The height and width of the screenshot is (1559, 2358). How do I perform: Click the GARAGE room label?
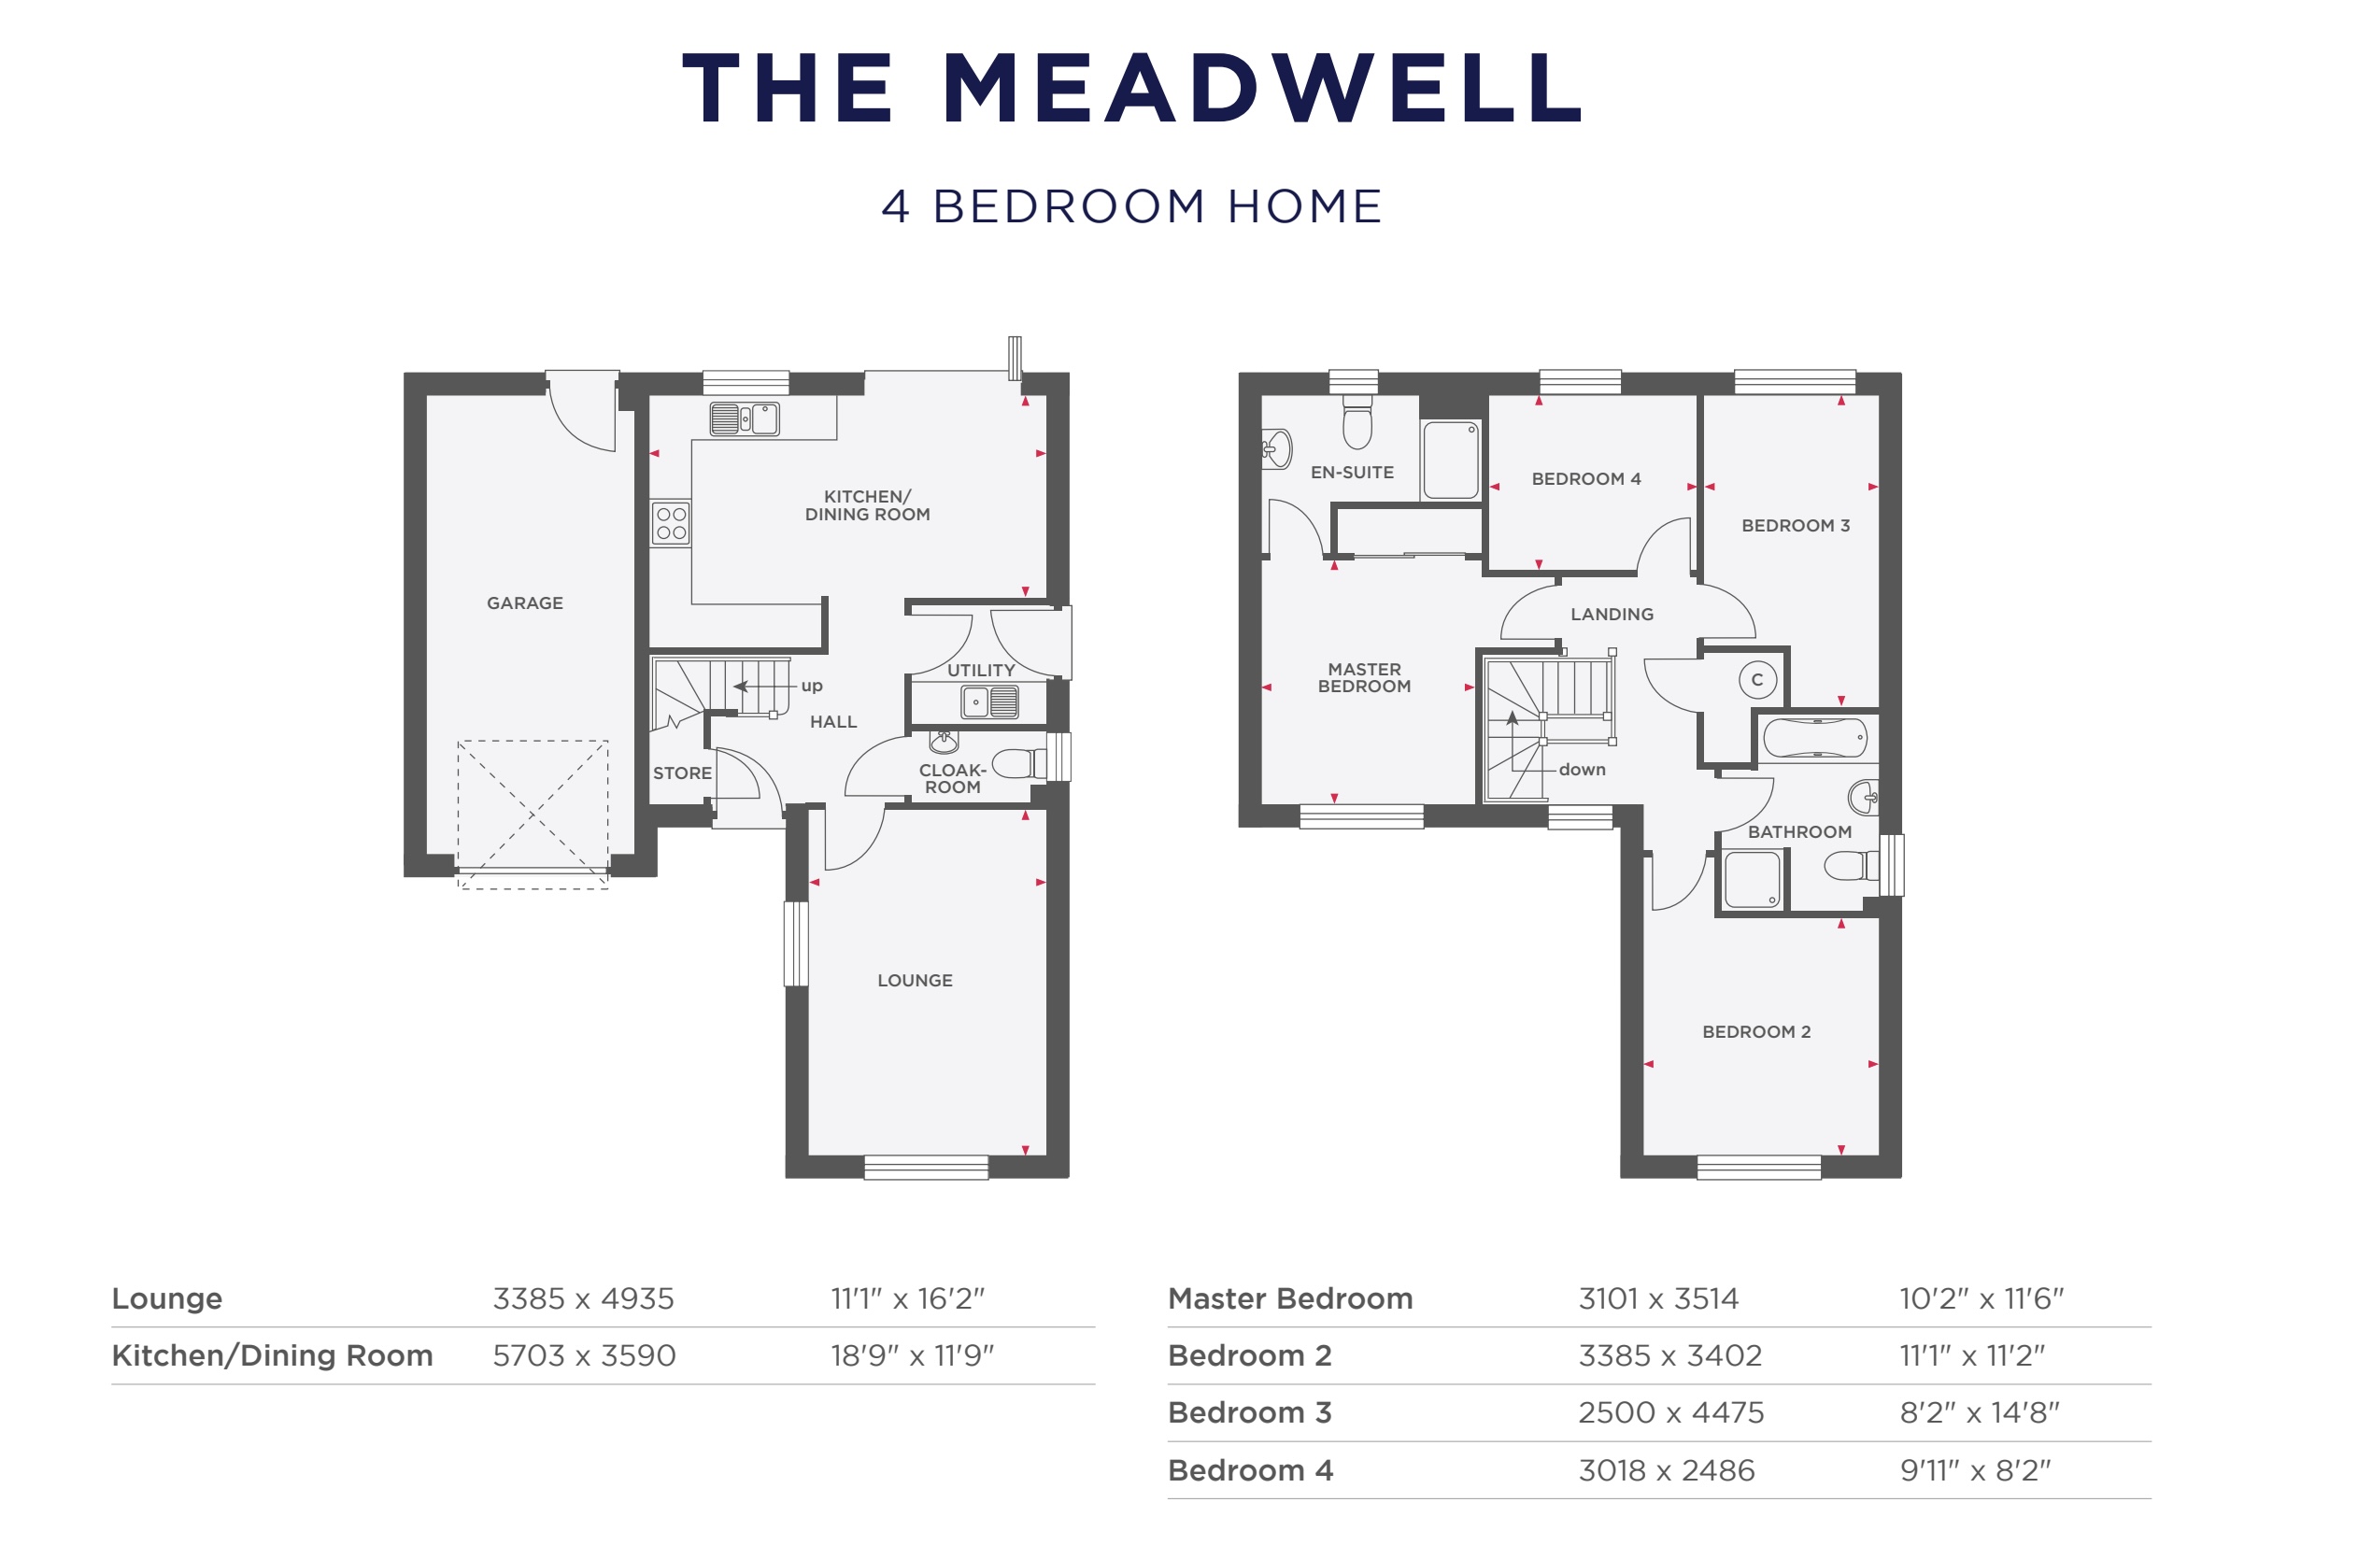tap(524, 602)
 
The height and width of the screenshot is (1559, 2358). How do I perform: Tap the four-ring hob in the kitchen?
tap(670, 523)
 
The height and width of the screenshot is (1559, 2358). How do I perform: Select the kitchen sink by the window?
tap(744, 418)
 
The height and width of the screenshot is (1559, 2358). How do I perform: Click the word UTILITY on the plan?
tap(980, 670)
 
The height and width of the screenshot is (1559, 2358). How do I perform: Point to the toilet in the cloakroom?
tap(1016, 762)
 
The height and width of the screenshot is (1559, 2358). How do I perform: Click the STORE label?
tap(682, 772)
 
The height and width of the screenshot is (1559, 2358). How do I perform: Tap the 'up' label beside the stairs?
tap(811, 685)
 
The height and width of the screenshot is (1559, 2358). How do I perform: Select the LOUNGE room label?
tap(915, 981)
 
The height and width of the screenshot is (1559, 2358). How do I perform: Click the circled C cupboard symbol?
tap(1756, 680)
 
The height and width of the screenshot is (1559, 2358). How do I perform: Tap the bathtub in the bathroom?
tap(1814, 738)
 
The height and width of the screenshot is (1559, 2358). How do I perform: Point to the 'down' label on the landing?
tap(1582, 770)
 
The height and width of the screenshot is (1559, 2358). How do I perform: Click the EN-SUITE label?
tap(1352, 473)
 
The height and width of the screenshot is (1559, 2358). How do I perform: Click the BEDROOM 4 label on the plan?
tap(1585, 478)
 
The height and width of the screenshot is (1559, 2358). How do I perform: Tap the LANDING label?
tap(1612, 615)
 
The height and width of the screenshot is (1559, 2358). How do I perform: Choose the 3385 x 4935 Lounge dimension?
tap(583, 1298)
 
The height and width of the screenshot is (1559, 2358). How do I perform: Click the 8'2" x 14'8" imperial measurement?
tap(1979, 1413)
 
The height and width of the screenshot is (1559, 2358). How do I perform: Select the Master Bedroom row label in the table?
tap(1289, 1298)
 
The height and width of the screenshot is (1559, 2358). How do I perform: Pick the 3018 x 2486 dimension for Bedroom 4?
tap(1666, 1470)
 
